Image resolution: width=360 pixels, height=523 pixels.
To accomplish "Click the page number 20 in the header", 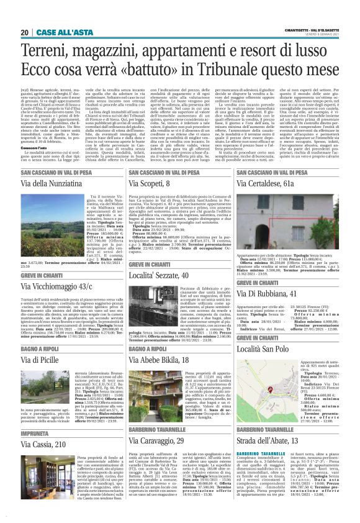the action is (25, 32).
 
